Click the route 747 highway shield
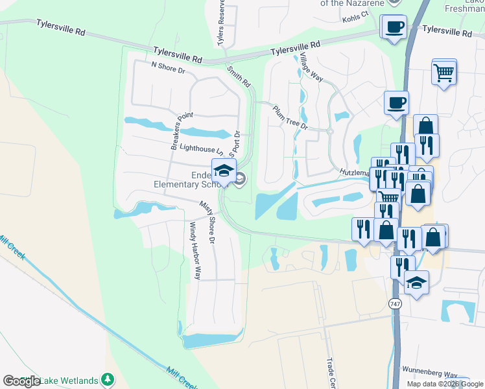[x=395, y=303]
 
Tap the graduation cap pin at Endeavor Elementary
[x=224, y=171]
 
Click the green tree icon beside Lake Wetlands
[x=108, y=379]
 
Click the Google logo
[x=21, y=381]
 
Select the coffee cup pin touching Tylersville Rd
[x=394, y=27]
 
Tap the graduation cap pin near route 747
[x=416, y=283]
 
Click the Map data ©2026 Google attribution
[x=445, y=384]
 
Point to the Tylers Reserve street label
[x=222, y=23]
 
